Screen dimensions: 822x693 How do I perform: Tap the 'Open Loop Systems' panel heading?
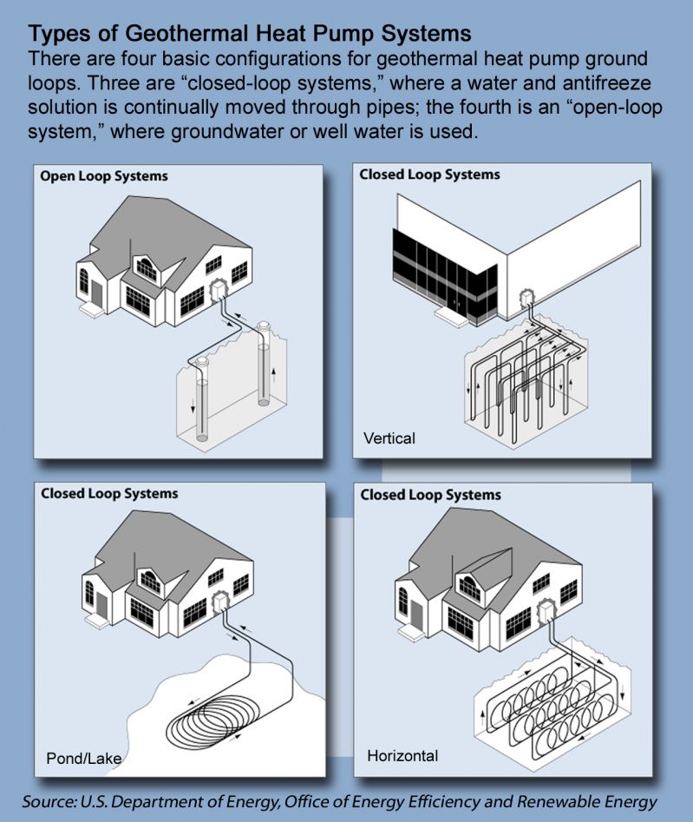(x=104, y=176)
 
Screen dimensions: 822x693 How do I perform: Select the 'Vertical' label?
(x=390, y=438)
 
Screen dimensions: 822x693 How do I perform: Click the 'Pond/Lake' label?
(x=83, y=759)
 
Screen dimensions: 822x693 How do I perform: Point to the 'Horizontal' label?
(x=402, y=756)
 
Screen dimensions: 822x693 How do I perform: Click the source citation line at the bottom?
(x=340, y=801)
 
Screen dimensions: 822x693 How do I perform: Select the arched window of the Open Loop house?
(x=85, y=279)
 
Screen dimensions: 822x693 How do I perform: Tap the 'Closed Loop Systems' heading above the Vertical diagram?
(x=429, y=174)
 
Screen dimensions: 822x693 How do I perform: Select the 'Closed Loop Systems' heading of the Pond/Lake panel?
(x=109, y=494)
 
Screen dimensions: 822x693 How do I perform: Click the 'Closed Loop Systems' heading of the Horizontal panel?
(x=430, y=496)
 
